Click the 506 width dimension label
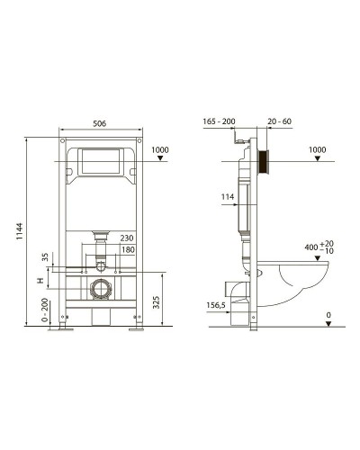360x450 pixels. [99, 123]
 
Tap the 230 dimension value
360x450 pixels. [127, 238]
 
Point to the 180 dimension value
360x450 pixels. [128, 249]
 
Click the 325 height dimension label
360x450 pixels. [157, 302]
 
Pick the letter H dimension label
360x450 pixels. [40, 281]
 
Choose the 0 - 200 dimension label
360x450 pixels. [45, 310]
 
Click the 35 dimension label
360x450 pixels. [45, 257]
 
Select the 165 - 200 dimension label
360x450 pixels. [219, 121]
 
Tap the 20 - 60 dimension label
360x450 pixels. [279, 121]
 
